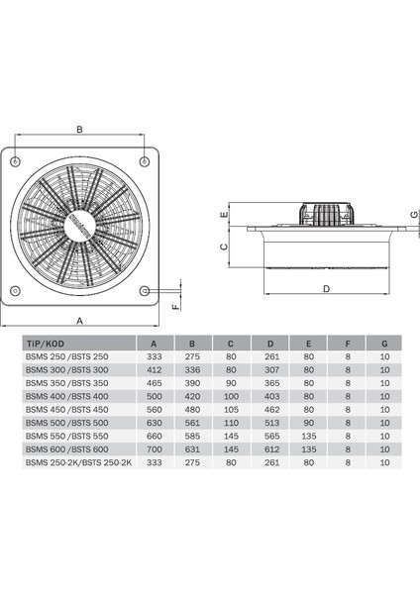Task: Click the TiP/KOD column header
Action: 46,344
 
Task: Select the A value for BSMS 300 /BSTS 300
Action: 155,369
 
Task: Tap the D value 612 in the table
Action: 271,449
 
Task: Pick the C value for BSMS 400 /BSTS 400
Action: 231,396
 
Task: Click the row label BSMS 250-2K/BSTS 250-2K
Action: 78,462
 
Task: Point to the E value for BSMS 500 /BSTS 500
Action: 308,423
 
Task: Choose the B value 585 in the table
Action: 192,436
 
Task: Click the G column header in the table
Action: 384,344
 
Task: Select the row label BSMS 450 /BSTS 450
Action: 66,410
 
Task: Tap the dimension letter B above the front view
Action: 79,129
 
